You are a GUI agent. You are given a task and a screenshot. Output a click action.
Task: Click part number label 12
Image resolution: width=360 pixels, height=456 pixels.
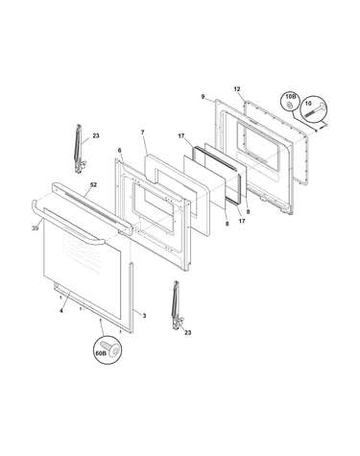(237, 89)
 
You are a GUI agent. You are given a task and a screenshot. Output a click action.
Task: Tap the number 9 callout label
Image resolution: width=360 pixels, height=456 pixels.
(203, 96)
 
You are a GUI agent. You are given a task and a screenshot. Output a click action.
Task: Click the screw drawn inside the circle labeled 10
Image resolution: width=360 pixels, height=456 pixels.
(314, 110)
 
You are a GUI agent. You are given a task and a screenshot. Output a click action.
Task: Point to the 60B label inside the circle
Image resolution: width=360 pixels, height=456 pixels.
(100, 353)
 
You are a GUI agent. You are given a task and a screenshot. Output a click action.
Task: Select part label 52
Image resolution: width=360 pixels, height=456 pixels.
(93, 185)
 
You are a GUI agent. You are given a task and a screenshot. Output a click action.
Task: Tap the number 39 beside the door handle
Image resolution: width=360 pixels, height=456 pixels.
(36, 228)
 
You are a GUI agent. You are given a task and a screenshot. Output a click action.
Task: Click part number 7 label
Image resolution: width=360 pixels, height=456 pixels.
(143, 132)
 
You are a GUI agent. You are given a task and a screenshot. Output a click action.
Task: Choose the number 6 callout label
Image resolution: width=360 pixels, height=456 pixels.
(120, 151)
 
